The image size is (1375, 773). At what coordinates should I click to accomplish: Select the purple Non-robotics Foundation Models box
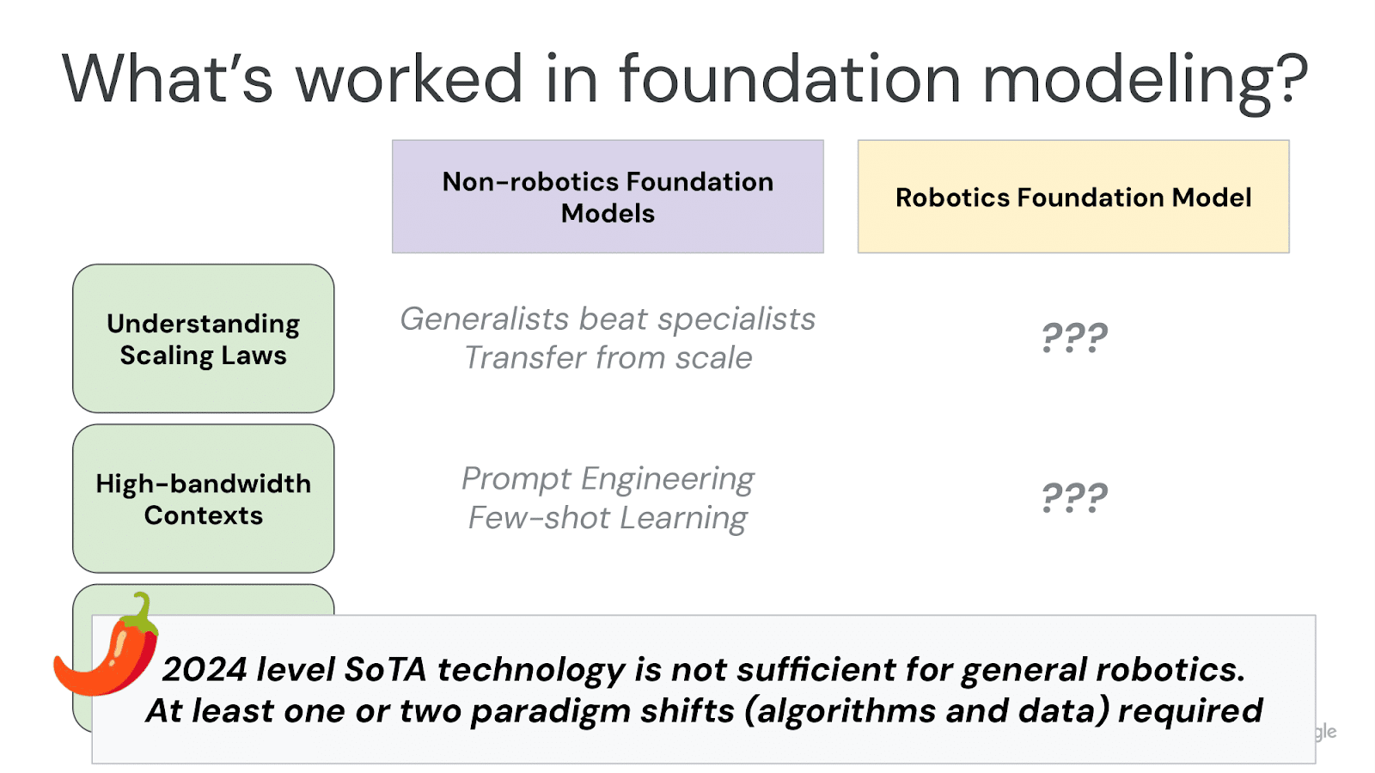(x=608, y=197)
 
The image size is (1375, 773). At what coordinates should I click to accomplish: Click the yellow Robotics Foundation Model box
(x=1073, y=197)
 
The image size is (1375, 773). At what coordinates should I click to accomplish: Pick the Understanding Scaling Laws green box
(x=204, y=338)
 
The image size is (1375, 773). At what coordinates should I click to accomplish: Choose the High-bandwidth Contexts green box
(x=204, y=498)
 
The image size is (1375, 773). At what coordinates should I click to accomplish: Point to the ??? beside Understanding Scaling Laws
(x=1074, y=338)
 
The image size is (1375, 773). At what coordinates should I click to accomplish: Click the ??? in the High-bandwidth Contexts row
(x=1074, y=497)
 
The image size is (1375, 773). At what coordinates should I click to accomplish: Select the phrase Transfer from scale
(x=608, y=358)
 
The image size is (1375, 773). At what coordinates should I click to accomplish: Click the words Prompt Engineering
(x=608, y=479)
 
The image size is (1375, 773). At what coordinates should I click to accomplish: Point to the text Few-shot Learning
(x=608, y=519)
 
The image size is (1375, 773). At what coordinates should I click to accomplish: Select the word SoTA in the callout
(x=385, y=670)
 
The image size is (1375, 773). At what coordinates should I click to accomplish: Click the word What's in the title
(x=167, y=79)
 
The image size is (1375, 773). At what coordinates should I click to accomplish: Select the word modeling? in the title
(x=1144, y=79)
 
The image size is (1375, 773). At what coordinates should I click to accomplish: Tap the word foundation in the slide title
(x=790, y=79)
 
